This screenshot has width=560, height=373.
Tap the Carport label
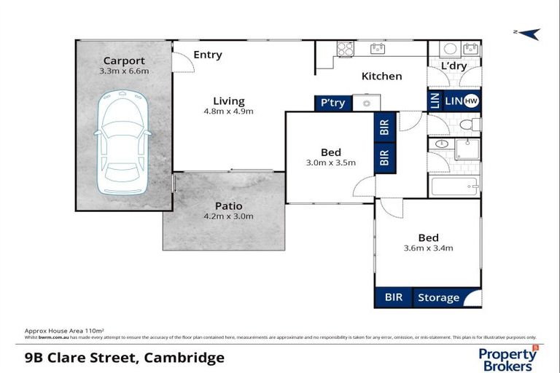[124, 60]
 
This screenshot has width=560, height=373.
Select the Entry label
[208, 55]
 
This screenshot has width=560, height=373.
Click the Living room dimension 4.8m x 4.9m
[228, 111]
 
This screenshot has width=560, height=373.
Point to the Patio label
[228, 206]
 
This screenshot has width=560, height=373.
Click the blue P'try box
[332, 103]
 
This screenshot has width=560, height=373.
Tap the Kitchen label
[381, 76]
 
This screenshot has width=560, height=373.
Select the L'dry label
[454, 67]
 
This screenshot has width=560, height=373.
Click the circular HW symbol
[471, 102]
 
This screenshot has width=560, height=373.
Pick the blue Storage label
[438, 297]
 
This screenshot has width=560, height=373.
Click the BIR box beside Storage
[393, 297]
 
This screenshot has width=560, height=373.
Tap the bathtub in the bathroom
[454, 186]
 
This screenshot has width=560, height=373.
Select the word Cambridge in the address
[184, 357]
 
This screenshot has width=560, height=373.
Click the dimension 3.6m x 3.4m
[428, 248]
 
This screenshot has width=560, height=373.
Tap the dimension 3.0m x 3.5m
[331, 162]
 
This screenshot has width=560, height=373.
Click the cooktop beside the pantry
[362, 103]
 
